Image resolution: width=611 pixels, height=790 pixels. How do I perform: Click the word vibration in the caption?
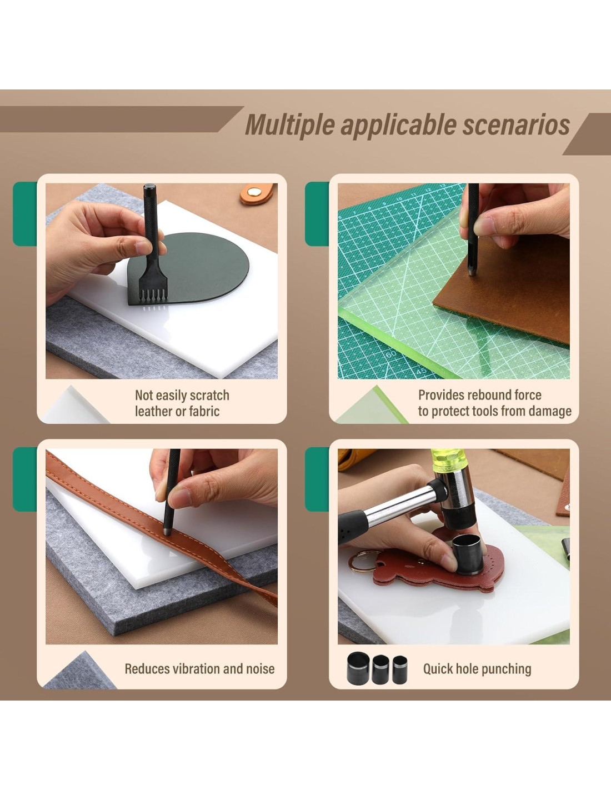193,668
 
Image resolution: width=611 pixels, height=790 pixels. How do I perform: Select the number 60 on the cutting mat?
390,354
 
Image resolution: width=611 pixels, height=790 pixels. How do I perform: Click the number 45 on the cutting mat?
420,372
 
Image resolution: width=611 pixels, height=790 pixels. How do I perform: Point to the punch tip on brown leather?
472,272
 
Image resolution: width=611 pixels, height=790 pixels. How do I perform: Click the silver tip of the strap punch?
167,532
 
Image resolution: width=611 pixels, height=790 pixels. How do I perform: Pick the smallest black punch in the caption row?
399,669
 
